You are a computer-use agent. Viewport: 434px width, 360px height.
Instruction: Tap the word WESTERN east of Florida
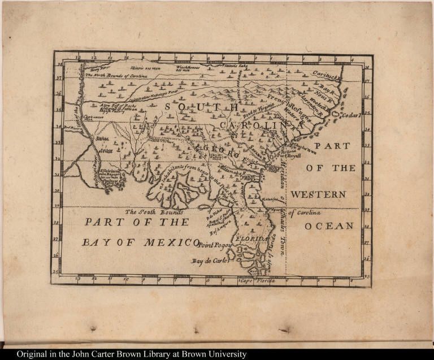pos(318,194)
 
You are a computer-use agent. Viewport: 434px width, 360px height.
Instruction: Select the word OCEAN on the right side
pos(329,226)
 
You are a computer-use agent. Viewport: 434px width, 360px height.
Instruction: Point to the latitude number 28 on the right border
pos(367,225)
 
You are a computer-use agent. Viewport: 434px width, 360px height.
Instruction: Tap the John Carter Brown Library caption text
pos(131,354)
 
